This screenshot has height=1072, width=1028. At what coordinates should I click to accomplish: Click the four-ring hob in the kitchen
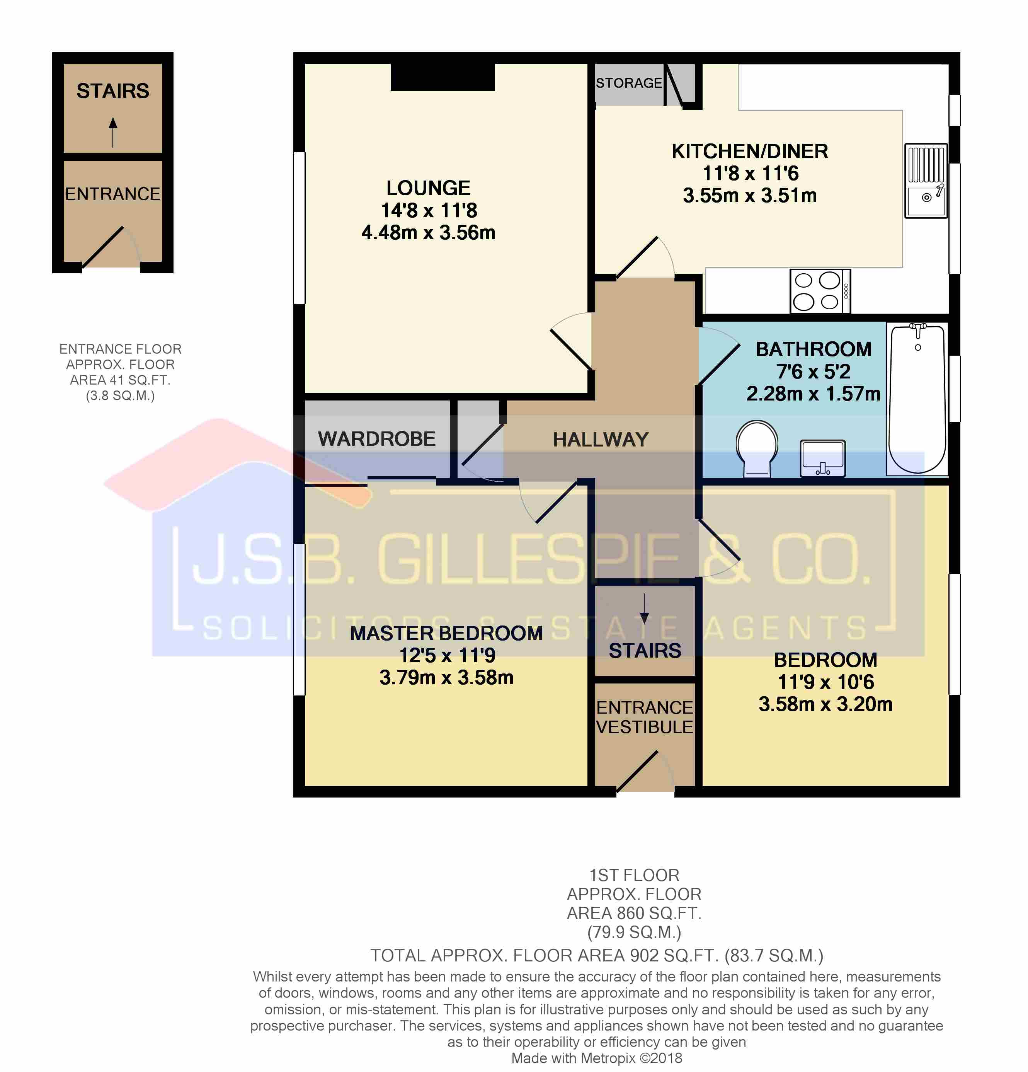pyautogui.click(x=820, y=291)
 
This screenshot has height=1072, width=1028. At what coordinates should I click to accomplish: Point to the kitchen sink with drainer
pyautogui.click(x=926, y=181)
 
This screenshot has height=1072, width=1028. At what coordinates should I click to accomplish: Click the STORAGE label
pyautogui.click(x=629, y=83)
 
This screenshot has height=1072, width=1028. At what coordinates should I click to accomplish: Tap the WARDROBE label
pyautogui.click(x=377, y=439)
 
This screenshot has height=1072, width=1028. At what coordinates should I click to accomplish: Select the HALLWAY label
pyautogui.click(x=601, y=439)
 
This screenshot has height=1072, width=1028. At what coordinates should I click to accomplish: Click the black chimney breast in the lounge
pyautogui.click(x=443, y=77)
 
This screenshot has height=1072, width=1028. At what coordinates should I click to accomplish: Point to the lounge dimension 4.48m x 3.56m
pyautogui.click(x=428, y=232)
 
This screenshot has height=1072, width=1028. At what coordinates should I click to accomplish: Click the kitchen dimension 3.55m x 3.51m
pyautogui.click(x=750, y=195)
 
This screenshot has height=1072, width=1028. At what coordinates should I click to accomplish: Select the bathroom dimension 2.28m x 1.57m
pyautogui.click(x=813, y=393)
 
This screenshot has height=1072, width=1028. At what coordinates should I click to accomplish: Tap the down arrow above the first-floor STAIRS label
pyautogui.click(x=644, y=608)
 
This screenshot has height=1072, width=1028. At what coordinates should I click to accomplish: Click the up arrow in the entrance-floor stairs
pyautogui.click(x=112, y=132)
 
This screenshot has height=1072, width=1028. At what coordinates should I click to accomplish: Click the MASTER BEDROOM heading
pyautogui.click(x=446, y=633)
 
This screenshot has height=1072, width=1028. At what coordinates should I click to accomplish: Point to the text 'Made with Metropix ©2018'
pyautogui.click(x=597, y=1058)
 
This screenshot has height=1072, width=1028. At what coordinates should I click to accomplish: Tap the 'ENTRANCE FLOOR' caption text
pyautogui.click(x=120, y=349)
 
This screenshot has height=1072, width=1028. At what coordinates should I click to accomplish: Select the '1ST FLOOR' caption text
pyautogui.click(x=634, y=875)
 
